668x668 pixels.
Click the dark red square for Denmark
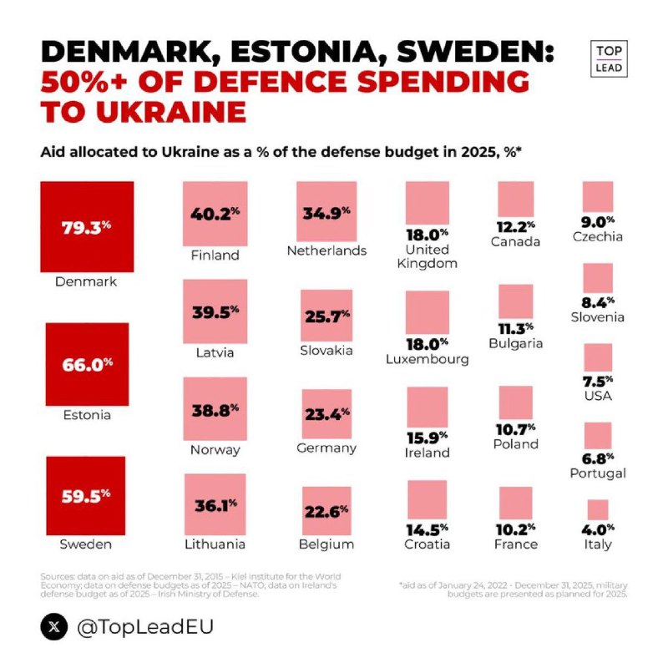(87, 226)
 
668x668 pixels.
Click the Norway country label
(215, 450)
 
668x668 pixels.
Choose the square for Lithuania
(215, 504)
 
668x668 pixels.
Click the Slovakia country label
(326, 351)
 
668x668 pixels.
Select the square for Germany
(326, 412)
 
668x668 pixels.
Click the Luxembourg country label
(427, 360)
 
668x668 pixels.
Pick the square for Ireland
(427, 407)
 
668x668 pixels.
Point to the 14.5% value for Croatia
(427, 529)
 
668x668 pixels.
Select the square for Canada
(515, 200)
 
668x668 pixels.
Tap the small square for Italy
(598, 509)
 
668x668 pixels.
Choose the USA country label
(598, 395)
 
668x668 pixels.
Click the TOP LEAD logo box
(610, 58)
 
